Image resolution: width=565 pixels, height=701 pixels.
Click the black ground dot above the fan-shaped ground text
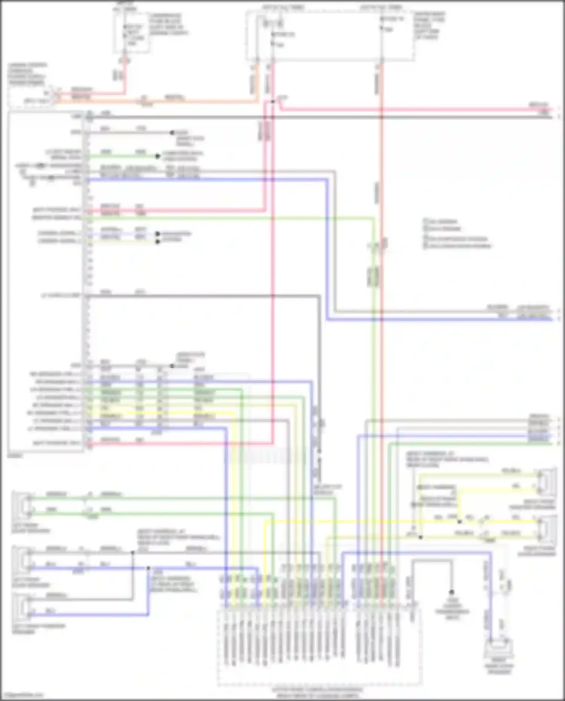[x=451, y=592]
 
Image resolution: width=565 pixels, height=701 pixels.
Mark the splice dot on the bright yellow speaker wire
[x=460, y=522]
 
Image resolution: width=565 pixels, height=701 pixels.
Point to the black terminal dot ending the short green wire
[x=158, y=156]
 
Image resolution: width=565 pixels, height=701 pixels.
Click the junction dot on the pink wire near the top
[x=272, y=102]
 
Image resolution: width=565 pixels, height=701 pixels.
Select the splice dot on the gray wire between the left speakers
[x=133, y=553]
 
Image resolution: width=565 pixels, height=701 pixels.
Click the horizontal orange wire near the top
[x=158, y=101]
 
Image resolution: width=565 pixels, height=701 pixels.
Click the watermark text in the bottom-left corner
[x=23, y=694]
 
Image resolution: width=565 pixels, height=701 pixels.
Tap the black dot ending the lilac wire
[x=158, y=234]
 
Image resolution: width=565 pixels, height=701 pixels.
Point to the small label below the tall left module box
[x=15, y=456]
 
